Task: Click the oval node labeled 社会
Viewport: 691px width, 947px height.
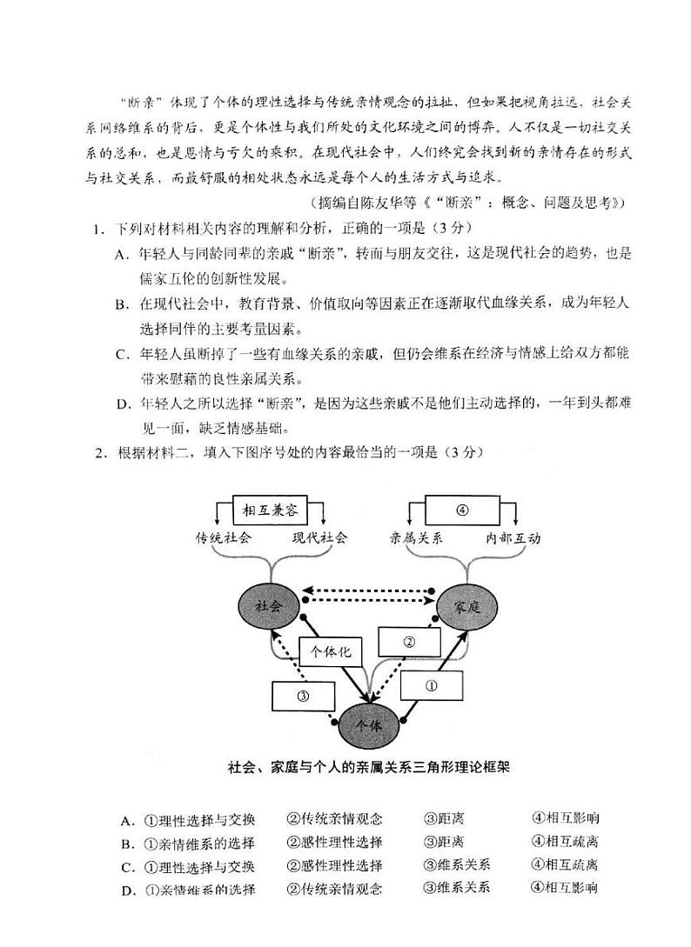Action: pyautogui.click(x=269, y=606)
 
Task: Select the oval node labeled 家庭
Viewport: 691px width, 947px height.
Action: pyautogui.click(x=467, y=607)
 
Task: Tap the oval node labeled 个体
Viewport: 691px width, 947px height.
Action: pyautogui.click(x=369, y=723)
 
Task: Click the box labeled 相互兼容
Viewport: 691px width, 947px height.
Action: pyautogui.click(x=271, y=509)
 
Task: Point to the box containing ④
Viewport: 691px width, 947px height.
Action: pyautogui.click(x=462, y=509)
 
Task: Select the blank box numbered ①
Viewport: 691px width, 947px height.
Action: pyautogui.click(x=431, y=684)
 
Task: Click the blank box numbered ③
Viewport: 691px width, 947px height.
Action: pyautogui.click(x=304, y=695)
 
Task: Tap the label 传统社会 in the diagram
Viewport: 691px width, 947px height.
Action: pyautogui.click(x=223, y=537)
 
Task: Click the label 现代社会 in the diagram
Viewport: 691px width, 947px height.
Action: pyautogui.click(x=319, y=537)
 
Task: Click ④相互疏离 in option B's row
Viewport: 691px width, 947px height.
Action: pyautogui.click(x=565, y=842)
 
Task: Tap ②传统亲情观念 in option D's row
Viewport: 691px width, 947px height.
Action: pyautogui.click(x=334, y=888)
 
